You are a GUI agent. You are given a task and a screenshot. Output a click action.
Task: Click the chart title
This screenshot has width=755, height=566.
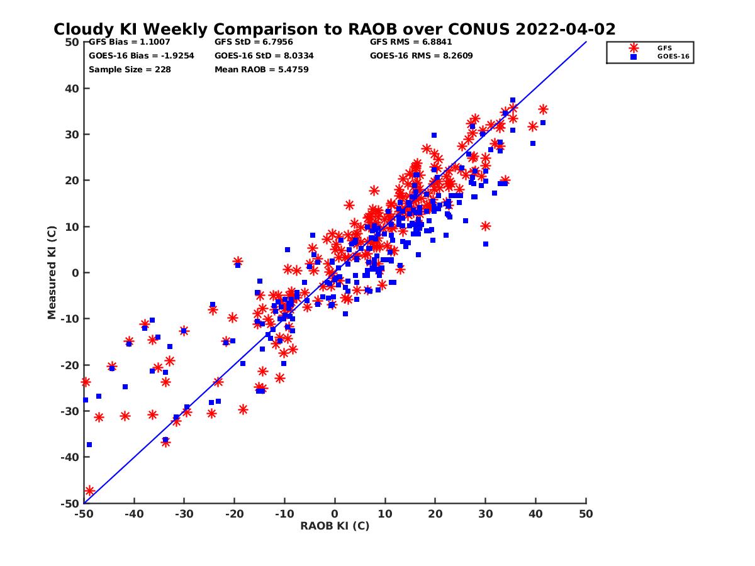pyautogui.click(x=334, y=30)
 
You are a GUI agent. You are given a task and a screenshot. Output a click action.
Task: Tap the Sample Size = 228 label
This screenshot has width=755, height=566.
pyautogui.click(x=130, y=69)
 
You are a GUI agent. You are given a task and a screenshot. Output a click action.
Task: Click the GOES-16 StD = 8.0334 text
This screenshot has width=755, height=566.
pyautogui.click(x=264, y=55)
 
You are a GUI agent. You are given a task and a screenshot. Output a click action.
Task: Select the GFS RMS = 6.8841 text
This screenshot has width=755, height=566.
pyautogui.click(x=411, y=42)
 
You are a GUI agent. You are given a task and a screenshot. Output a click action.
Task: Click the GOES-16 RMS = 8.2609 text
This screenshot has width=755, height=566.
pyautogui.click(x=421, y=55)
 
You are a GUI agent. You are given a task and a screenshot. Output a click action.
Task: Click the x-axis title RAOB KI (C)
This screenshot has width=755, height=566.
pyautogui.click(x=335, y=526)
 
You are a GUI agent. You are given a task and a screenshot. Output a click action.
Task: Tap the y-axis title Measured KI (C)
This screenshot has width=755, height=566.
pyautogui.click(x=52, y=272)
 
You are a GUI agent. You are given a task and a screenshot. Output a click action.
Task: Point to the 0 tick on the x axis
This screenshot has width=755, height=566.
pyautogui.click(x=335, y=514)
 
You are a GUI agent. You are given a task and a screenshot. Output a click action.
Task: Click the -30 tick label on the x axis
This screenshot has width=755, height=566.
pyautogui.click(x=184, y=514)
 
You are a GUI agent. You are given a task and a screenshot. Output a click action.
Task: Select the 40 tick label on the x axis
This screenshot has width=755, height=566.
pyautogui.click(x=536, y=514)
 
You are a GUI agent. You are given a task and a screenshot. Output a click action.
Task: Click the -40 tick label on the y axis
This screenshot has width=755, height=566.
pyautogui.click(x=69, y=457)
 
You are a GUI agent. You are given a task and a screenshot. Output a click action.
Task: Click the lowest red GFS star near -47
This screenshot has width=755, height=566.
pyautogui.click(x=89, y=491)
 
